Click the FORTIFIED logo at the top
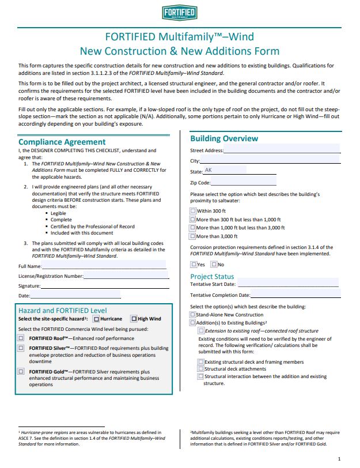pyautogui.click(x=179, y=14)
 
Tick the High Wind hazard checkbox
pyautogui.click(x=134, y=319)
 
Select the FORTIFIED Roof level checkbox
pyautogui.click(x=21, y=338)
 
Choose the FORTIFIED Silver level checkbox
pyautogui.click(x=21, y=348)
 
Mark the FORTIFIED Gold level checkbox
pyautogui.click(x=21, y=372)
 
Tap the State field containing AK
pyautogui.click(x=225, y=171)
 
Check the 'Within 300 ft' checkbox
pyautogui.click(x=193, y=212)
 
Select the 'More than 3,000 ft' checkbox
pyautogui.click(x=193, y=236)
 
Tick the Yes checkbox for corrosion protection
pyautogui.click(x=194, y=265)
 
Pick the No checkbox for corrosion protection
pyautogui.click(x=214, y=265)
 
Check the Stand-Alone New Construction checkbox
pyautogui.click(x=193, y=315)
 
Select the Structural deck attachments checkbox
pyautogui.click(x=200, y=369)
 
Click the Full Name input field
pyautogui.click(x=104, y=266)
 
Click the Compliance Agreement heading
pyautogui.click(x=62, y=142)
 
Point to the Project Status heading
pyautogui.click(x=212, y=277)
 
